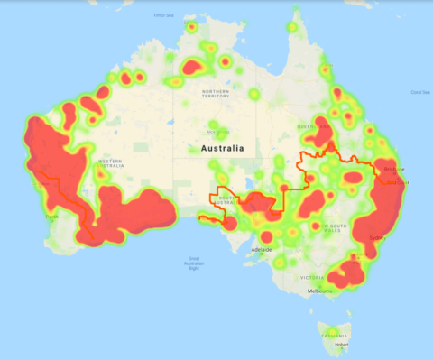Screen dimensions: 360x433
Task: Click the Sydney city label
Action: [x=377, y=238]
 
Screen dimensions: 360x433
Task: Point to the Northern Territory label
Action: [x=216, y=95]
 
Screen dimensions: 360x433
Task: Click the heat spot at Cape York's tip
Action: [x=295, y=20]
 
